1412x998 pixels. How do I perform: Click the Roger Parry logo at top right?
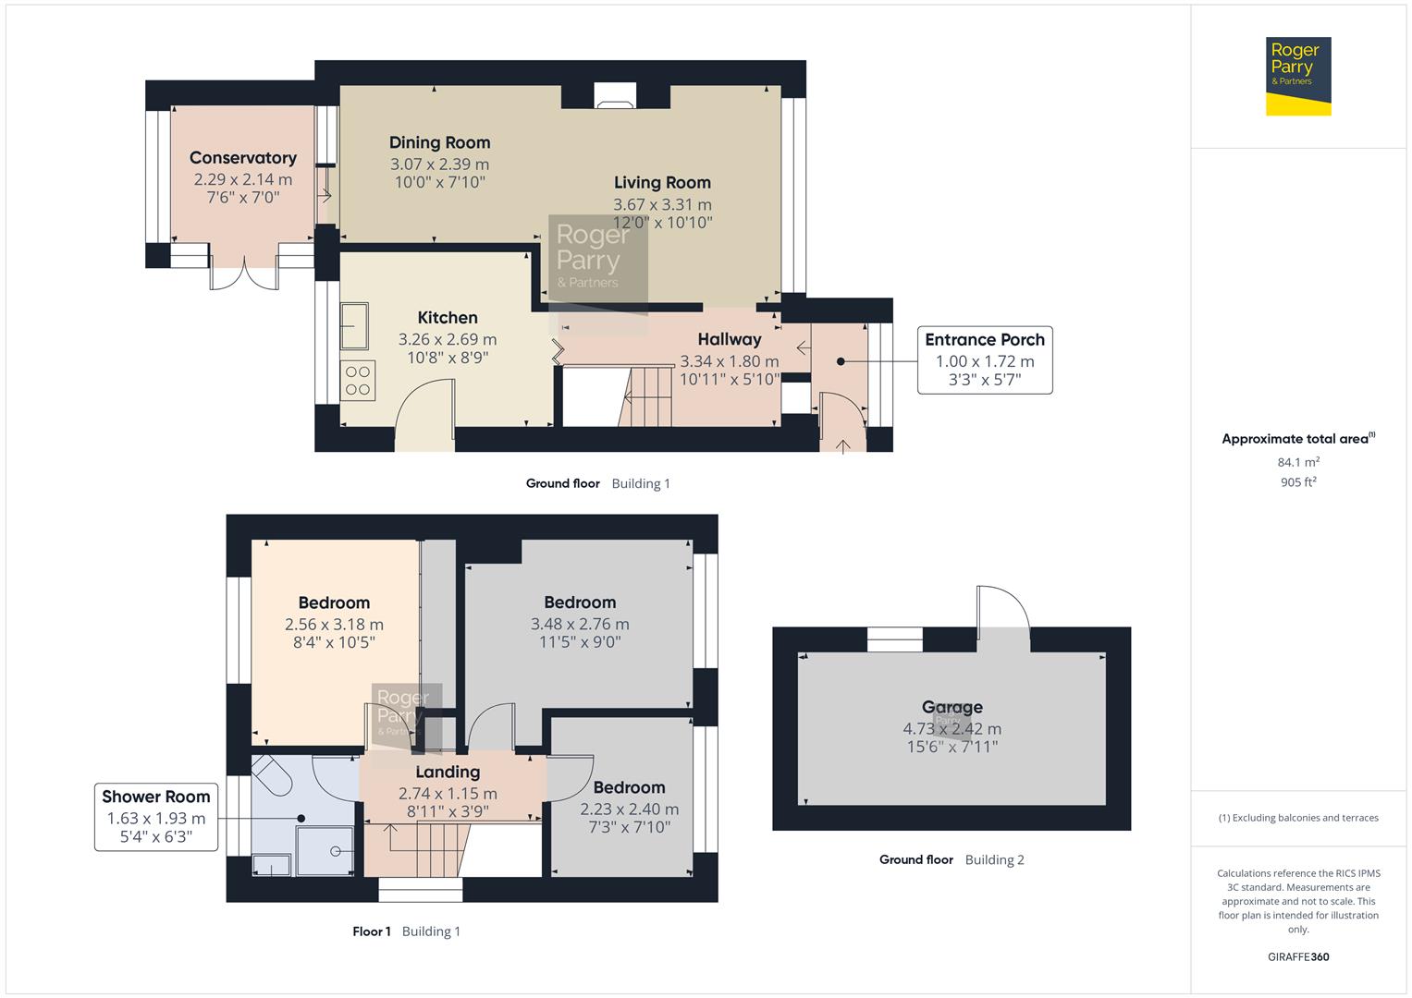(x=1297, y=76)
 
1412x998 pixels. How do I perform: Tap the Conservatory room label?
(x=242, y=158)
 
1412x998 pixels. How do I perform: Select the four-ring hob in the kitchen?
(x=358, y=380)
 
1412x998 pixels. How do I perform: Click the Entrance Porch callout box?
(x=984, y=360)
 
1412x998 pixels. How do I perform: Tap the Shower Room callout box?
(x=155, y=817)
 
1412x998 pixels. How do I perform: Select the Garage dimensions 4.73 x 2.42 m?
(x=952, y=728)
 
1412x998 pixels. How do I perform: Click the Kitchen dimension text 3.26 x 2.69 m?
(x=447, y=339)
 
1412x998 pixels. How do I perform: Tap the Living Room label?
(x=662, y=183)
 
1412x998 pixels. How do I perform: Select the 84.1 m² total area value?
(x=1297, y=462)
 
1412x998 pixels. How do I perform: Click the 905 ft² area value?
(x=1297, y=482)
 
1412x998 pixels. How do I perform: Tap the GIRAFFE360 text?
(x=1297, y=956)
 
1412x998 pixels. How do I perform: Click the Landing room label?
(x=448, y=772)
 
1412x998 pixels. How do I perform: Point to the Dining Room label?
(x=439, y=142)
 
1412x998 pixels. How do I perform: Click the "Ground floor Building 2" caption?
(x=951, y=859)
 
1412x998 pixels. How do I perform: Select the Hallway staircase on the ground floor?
(x=647, y=396)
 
